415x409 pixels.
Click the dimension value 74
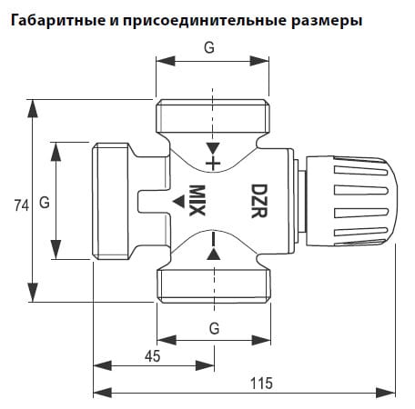(22, 205)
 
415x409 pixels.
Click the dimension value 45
(153, 356)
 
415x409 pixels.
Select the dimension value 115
(261, 384)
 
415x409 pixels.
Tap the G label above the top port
(209, 47)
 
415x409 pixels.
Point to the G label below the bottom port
(215, 328)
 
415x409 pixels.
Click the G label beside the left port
(45, 202)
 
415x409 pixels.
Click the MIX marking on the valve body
(197, 201)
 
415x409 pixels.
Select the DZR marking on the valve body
(259, 201)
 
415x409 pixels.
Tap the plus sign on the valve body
(213, 164)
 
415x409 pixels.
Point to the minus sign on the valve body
(214, 239)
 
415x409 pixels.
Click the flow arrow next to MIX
(179, 202)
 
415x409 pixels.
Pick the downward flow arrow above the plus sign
(213, 148)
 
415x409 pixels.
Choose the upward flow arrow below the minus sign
(214, 254)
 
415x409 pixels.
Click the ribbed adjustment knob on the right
(352, 201)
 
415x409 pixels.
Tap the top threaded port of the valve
(213, 116)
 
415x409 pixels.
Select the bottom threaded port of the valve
(214, 286)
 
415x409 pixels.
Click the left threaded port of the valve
(111, 201)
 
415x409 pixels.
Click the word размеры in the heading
(327, 21)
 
